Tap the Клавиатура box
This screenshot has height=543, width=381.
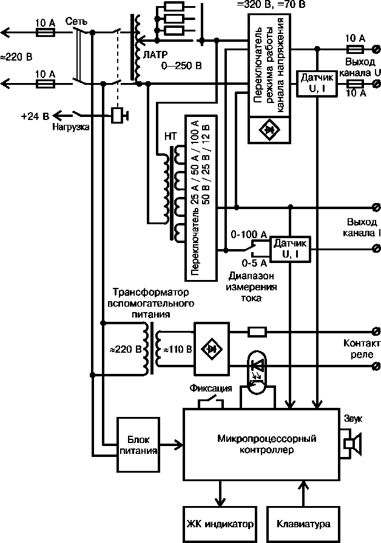point(303,523)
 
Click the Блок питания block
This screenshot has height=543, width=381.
point(140,445)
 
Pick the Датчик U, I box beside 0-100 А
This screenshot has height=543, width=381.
point(289,248)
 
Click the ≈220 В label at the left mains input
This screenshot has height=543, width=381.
point(16,57)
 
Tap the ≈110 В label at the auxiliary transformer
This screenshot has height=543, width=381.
point(175,350)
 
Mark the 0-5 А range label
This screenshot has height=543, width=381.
point(254,262)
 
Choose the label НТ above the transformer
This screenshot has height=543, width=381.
point(171,136)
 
